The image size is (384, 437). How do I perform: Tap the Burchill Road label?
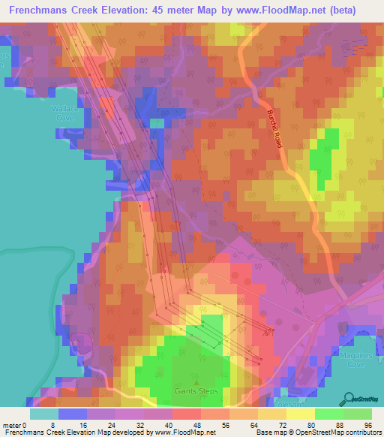[x=274, y=128]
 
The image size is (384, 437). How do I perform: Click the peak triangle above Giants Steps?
[x=196, y=381]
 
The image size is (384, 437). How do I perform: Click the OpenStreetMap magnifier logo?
[x=349, y=397]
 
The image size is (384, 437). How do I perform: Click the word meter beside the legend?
[x=11, y=425]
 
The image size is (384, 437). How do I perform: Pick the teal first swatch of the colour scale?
[x=43, y=414]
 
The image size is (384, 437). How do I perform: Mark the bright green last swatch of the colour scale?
[x=358, y=414]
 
